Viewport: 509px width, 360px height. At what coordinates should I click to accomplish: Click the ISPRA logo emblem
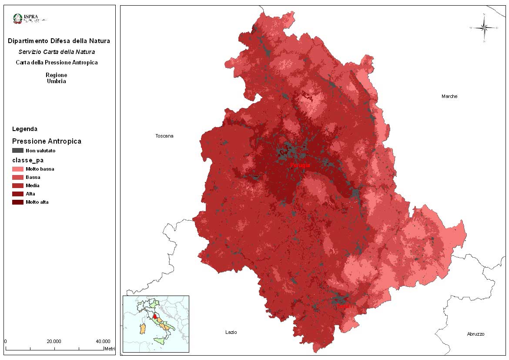click(x=18, y=18)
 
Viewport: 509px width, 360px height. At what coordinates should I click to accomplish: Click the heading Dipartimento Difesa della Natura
click(x=59, y=41)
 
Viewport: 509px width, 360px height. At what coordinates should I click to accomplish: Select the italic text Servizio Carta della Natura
click(x=57, y=52)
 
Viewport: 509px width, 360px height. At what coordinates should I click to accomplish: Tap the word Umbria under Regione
click(x=57, y=81)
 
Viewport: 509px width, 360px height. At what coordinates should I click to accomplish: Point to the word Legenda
click(x=25, y=129)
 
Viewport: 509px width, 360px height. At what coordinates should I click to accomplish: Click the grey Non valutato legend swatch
click(x=18, y=151)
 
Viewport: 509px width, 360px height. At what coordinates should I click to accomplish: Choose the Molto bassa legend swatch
click(x=18, y=169)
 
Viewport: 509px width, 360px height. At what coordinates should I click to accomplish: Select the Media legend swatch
click(x=18, y=185)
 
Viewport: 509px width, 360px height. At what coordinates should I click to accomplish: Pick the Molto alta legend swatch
click(x=18, y=202)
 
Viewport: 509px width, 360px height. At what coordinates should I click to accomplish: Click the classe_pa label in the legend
click(x=28, y=160)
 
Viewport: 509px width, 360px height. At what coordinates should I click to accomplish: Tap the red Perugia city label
click(x=300, y=165)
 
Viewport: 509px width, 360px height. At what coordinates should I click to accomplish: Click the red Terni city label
click(x=343, y=306)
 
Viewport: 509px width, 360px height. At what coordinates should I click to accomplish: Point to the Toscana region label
click(x=164, y=136)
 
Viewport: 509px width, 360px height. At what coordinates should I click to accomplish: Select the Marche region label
click(x=449, y=96)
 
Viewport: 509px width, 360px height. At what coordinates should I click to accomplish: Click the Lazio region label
click(x=231, y=332)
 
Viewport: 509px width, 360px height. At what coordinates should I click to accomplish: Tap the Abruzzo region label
click(x=476, y=334)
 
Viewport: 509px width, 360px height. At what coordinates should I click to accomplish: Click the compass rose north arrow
click(x=484, y=27)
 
